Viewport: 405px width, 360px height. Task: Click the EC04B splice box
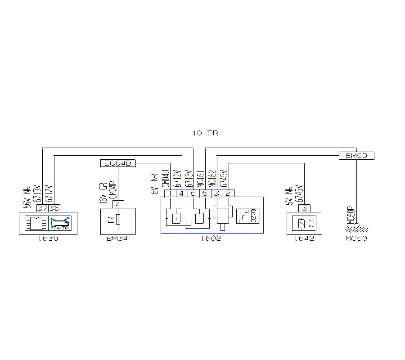coord(117,163)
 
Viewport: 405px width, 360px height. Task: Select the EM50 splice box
coord(356,156)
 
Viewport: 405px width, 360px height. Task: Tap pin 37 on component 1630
coord(43,208)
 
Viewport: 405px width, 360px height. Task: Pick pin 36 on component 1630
coord(54,208)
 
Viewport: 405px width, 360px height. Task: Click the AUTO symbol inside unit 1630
coord(60,223)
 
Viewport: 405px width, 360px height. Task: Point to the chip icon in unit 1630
coord(35,223)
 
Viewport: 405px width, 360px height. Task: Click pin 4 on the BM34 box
coord(118,204)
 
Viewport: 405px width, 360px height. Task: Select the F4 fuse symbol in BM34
coord(118,220)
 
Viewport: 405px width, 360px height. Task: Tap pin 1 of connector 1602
coord(170,193)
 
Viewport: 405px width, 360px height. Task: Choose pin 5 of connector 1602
coord(193,193)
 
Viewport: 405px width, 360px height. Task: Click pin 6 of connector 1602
coord(205,193)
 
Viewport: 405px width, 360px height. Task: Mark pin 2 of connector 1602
coord(229,193)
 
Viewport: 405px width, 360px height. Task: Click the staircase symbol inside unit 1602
coord(247,216)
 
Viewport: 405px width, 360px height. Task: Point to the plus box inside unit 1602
coord(176,219)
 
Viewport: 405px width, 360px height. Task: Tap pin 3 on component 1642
coord(305,208)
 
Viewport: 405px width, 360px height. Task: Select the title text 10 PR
coord(205,133)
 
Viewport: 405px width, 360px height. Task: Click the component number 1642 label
coord(305,238)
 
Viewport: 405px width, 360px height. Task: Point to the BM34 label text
coord(117,238)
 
